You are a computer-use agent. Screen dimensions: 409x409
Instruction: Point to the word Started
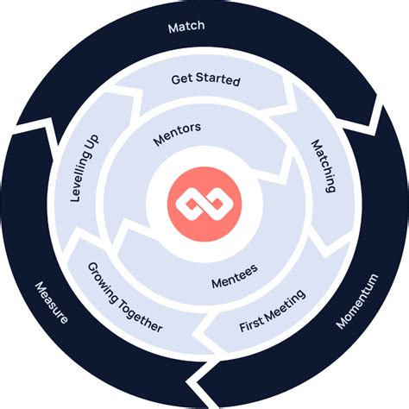pos(217,80)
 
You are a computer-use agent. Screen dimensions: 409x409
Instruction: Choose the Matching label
pos(323,164)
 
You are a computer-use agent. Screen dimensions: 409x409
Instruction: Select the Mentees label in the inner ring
pos(233,280)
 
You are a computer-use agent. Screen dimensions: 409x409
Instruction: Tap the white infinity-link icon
pos(204,204)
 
